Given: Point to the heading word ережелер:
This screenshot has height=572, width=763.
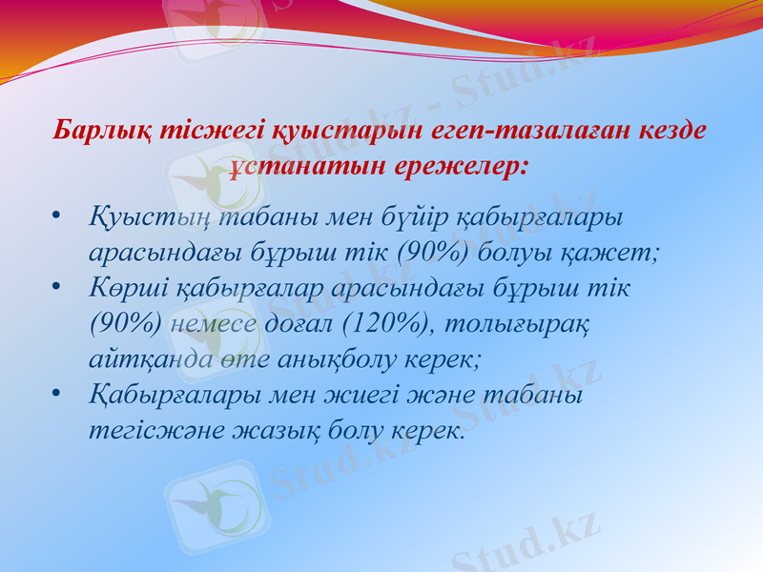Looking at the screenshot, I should click(456, 165).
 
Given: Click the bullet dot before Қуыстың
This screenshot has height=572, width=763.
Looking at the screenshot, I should click(59, 218).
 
